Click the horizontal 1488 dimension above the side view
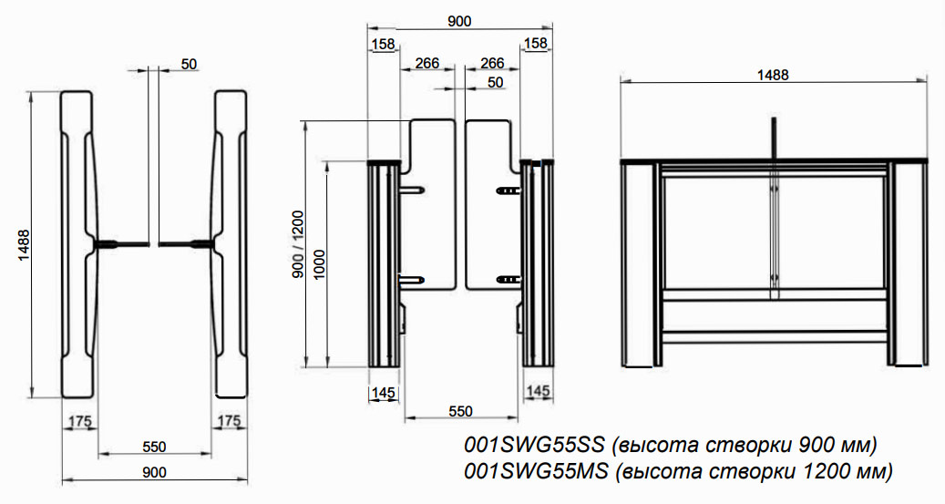click(x=773, y=74)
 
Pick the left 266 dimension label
click(x=427, y=63)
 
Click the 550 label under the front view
click(x=460, y=411)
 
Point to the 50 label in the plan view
click(x=190, y=63)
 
